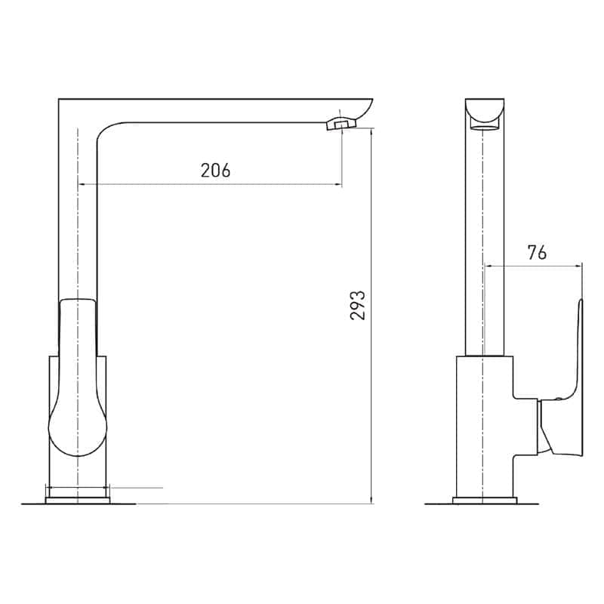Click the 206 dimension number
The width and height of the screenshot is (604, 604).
pos(215,170)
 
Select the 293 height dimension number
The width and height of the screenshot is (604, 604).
pos(357,306)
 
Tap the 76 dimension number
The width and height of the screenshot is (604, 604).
pos(537,253)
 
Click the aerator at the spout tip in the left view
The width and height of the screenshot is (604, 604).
pos(341,124)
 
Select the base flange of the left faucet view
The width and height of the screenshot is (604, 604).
pos(78,501)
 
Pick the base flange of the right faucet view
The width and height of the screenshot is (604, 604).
pos(485,501)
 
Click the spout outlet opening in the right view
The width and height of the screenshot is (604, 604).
pos(485,128)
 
